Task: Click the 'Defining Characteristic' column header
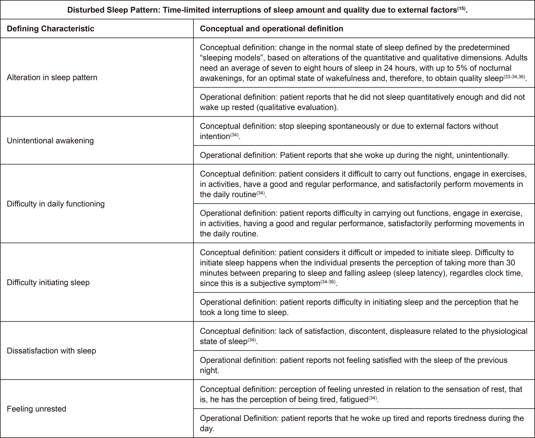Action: [x=50, y=29]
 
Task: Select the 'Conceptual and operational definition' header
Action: [x=271, y=29]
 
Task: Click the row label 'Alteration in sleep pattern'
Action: [x=52, y=77]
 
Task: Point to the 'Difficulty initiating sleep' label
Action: [x=48, y=282]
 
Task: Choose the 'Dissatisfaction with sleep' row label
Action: [x=51, y=350]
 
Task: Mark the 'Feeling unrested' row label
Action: [x=36, y=408]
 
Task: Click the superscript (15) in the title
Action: [x=461, y=8]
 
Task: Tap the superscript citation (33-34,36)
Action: [x=514, y=76]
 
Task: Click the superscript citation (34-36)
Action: [x=328, y=281]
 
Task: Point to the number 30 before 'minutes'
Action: [x=510, y=263]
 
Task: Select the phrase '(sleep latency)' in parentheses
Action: [x=420, y=273]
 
